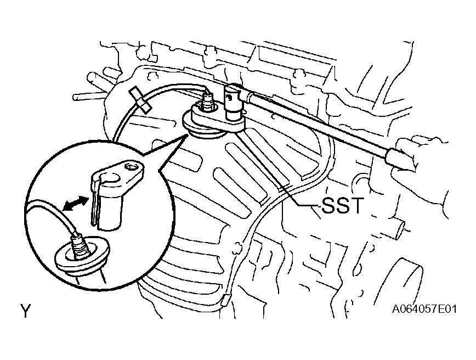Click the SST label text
click(342, 205)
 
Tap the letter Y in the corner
click(26, 311)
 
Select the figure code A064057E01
click(424, 310)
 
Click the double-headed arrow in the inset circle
click(75, 203)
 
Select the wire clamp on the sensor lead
click(140, 100)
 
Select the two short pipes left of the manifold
click(91, 87)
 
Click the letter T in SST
click(355, 205)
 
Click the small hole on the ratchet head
click(230, 97)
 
